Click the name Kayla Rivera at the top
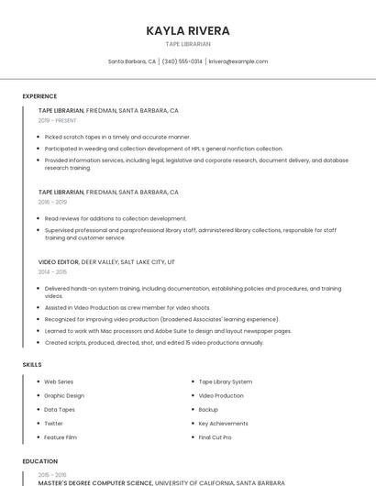coord(188,30)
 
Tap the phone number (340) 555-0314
coord(182,61)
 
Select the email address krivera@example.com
coord(238,61)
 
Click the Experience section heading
coord(39,96)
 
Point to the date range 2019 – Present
coord(58,120)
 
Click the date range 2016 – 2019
coord(52,202)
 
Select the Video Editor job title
coord(59,261)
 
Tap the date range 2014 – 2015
coord(52,271)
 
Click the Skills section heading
coord(32,365)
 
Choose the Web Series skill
coord(59,381)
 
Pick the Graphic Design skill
coord(64,395)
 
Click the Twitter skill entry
coord(54,424)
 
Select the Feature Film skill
coord(61,437)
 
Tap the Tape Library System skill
coord(226,381)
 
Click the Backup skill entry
coord(208,410)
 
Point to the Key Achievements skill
coord(224,424)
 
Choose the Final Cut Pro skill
coord(216,437)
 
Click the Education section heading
coord(39,461)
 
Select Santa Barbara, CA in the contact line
coord(132,61)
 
